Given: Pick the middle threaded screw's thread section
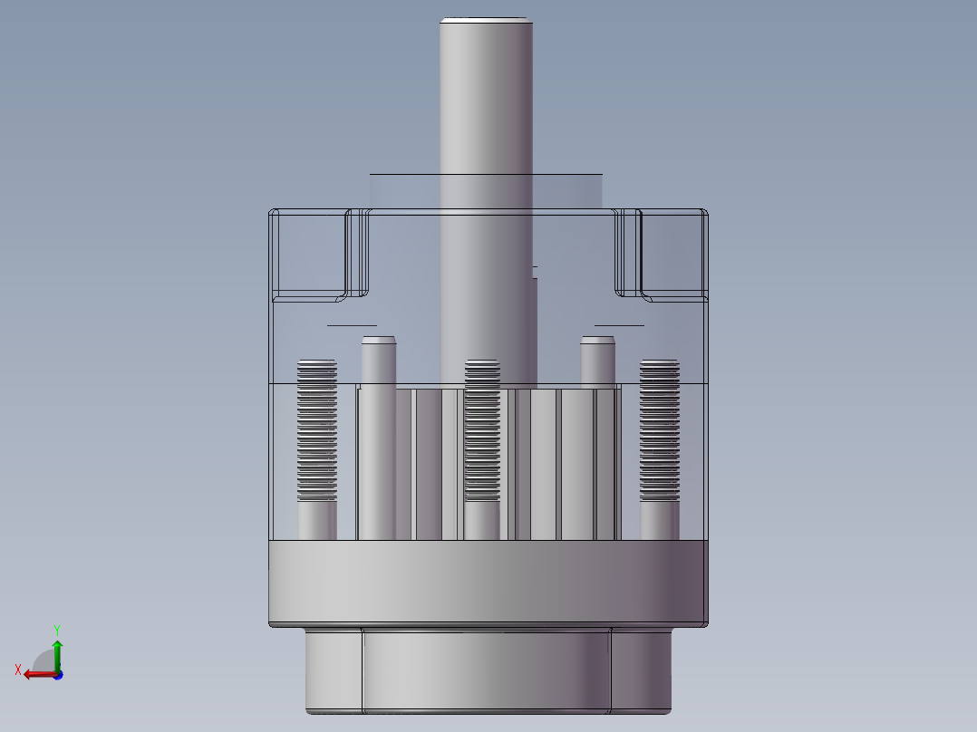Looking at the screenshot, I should click(481, 430).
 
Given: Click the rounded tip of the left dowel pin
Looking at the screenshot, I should click(378, 342).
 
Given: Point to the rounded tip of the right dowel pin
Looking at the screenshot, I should click(597, 342).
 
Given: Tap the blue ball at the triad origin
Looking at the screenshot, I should click(58, 674).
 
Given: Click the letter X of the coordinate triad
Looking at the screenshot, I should click(17, 669).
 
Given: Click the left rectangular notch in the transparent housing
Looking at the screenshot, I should click(309, 253).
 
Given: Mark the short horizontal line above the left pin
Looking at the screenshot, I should click(352, 324).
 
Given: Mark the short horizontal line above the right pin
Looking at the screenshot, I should click(619, 324).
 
